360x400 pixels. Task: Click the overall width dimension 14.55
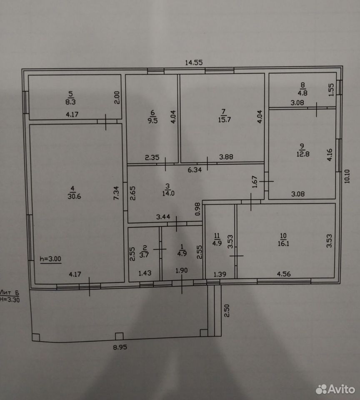click(x=194, y=62)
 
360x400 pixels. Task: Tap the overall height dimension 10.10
click(x=347, y=176)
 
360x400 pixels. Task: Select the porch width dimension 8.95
click(x=120, y=347)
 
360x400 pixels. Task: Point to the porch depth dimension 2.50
click(x=227, y=310)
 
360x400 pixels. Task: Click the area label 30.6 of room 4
click(x=74, y=196)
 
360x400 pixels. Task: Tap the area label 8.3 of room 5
click(x=70, y=102)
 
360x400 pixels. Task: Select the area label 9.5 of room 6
click(x=152, y=120)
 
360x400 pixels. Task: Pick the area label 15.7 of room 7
click(x=225, y=120)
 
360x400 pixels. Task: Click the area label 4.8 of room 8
click(x=302, y=93)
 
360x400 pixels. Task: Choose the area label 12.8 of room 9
click(x=303, y=154)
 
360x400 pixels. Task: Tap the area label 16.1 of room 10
click(x=283, y=243)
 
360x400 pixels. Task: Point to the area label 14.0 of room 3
click(x=168, y=193)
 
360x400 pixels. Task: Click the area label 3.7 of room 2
click(x=144, y=255)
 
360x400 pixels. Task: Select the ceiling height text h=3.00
click(x=50, y=259)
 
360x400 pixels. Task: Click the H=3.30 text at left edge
click(x=10, y=300)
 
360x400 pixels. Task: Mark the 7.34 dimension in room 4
click(x=116, y=193)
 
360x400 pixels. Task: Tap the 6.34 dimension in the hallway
click(x=195, y=170)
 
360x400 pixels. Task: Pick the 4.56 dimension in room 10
click(x=284, y=274)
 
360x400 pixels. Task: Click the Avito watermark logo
click(x=335, y=390)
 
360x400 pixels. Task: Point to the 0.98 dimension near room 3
click(x=198, y=209)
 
